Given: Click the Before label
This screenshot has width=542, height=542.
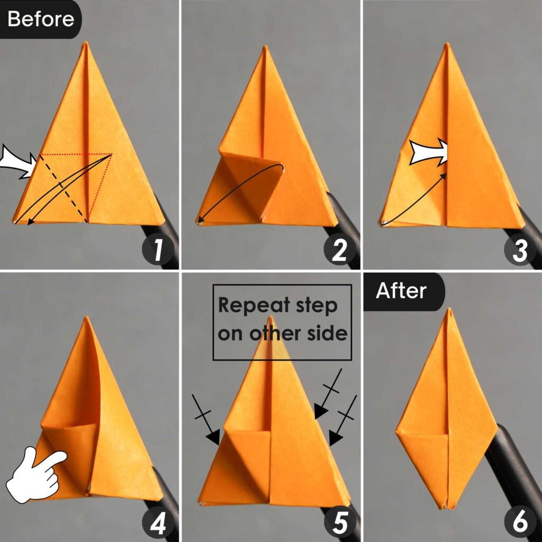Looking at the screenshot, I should click(x=40, y=19).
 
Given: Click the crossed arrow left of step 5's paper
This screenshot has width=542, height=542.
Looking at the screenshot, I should click(x=206, y=421).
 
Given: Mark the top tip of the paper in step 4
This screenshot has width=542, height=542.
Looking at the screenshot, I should click(x=86, y=319).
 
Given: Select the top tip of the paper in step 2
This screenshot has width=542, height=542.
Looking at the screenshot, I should click(x=264, y=48).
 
